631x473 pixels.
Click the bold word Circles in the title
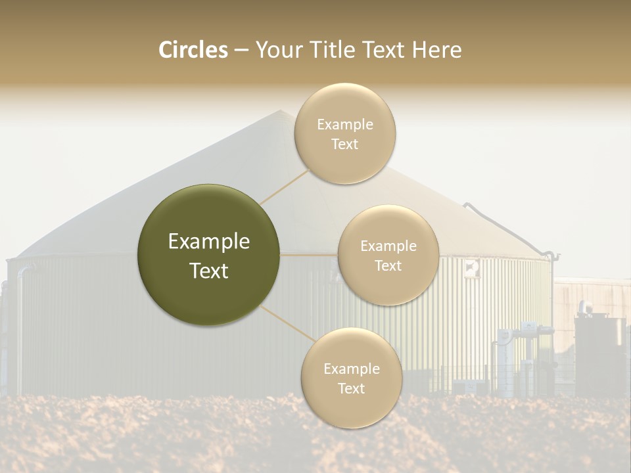coord(193,50)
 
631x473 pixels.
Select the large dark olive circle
coord(208,255)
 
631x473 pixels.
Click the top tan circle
coord(344,133)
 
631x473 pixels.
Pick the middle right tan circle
coord(388,255)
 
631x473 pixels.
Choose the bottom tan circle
coord(351,378)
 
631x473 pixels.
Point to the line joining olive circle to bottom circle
coord(287,324)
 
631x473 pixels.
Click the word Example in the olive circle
coord(208,242)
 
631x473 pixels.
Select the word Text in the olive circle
coord(208,271)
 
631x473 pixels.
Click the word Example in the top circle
coord(344,124)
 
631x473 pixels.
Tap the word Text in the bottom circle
coord(351,388)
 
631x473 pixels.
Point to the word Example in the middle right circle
coord(388,246)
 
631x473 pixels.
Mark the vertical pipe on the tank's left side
coord(20,328)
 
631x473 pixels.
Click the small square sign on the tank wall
coord(471,267)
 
